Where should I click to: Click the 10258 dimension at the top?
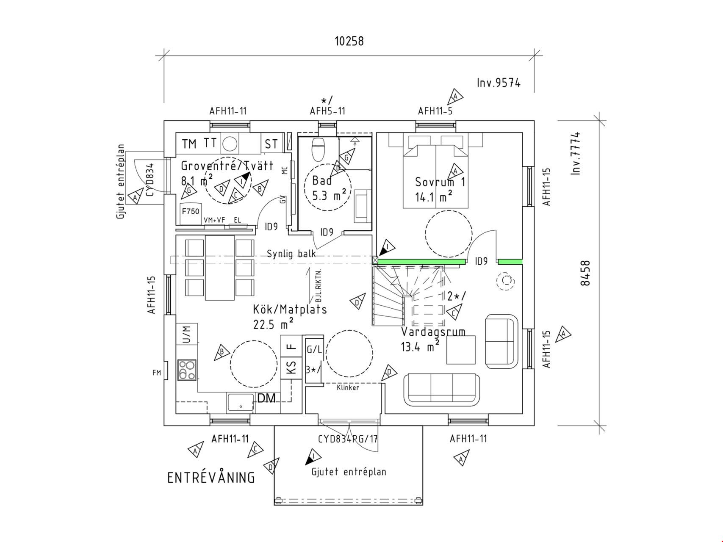pyautogui.click(x=349, y=41)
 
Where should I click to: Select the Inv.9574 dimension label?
pyautogui.click(x=499, y=83)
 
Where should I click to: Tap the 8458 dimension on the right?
pyautogui.click(x=585, y=273)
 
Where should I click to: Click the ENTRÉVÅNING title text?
pyautogui.click(x=211, y=478)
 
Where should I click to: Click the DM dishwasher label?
pyautogui.click(x=266, y=398)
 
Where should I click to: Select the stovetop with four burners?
pyautogui.click(x=187, y=369)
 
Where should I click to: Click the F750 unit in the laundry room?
pyautogui.click(x=190, y=211)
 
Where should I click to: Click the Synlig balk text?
pyautogui.click(x=291, y=254)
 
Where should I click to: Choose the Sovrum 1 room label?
pyautogui.click(x=440, y=182)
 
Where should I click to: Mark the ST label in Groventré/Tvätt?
pyautogui.click(x=271, y=144)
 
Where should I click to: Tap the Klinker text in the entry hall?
pyautogui.click(x=348, y=387)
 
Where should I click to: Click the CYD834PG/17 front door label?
pyautogui.click(x=348, y=439)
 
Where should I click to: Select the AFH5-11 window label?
pyautogui.click(x=327, y=111)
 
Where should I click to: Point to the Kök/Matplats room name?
pyautogui.click(x=290, y=309)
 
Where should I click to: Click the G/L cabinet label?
pyautogui.click(x=314, y=350)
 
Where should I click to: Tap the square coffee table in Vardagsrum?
pyautogui.click(x=461, y=350)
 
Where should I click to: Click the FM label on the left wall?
pyautogui.click(x=157, y=373)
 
